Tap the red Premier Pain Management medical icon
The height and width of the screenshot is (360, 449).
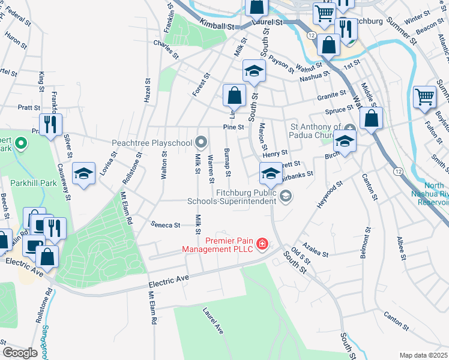262,244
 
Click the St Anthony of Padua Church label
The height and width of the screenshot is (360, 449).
315,131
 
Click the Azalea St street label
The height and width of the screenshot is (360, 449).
316,251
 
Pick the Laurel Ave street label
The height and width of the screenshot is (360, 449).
213,321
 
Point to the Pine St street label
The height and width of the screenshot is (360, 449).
233,127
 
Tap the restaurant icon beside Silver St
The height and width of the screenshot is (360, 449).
51,124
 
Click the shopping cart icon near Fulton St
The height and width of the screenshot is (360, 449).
424,96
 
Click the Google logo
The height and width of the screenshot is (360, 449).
20,353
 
